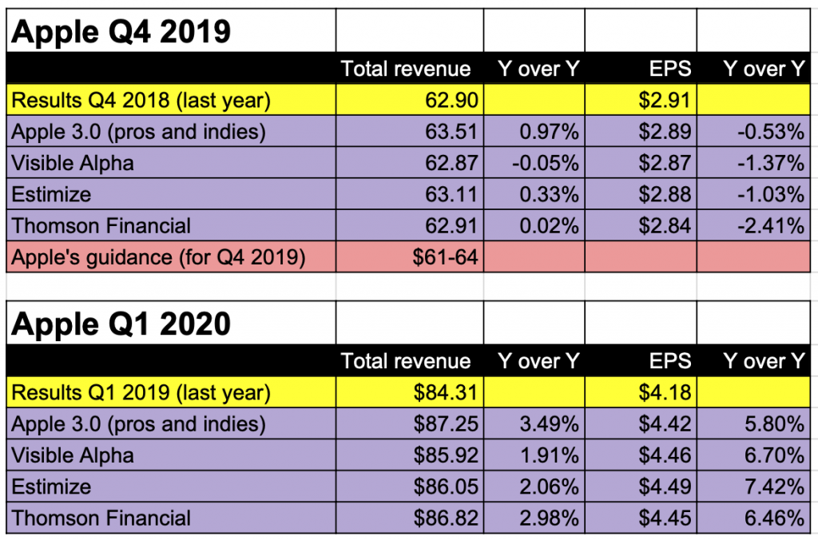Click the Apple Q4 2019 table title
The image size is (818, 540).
click(121, 32)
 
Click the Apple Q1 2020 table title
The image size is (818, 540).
click(121, 324)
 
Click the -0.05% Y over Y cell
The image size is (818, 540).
click(546, 163)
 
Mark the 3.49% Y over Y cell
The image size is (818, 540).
click(549, 423)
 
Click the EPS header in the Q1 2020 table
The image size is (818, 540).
click(671, 361)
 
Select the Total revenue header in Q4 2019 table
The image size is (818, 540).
click(406, 69)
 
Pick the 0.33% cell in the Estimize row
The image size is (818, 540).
click(549, 195)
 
